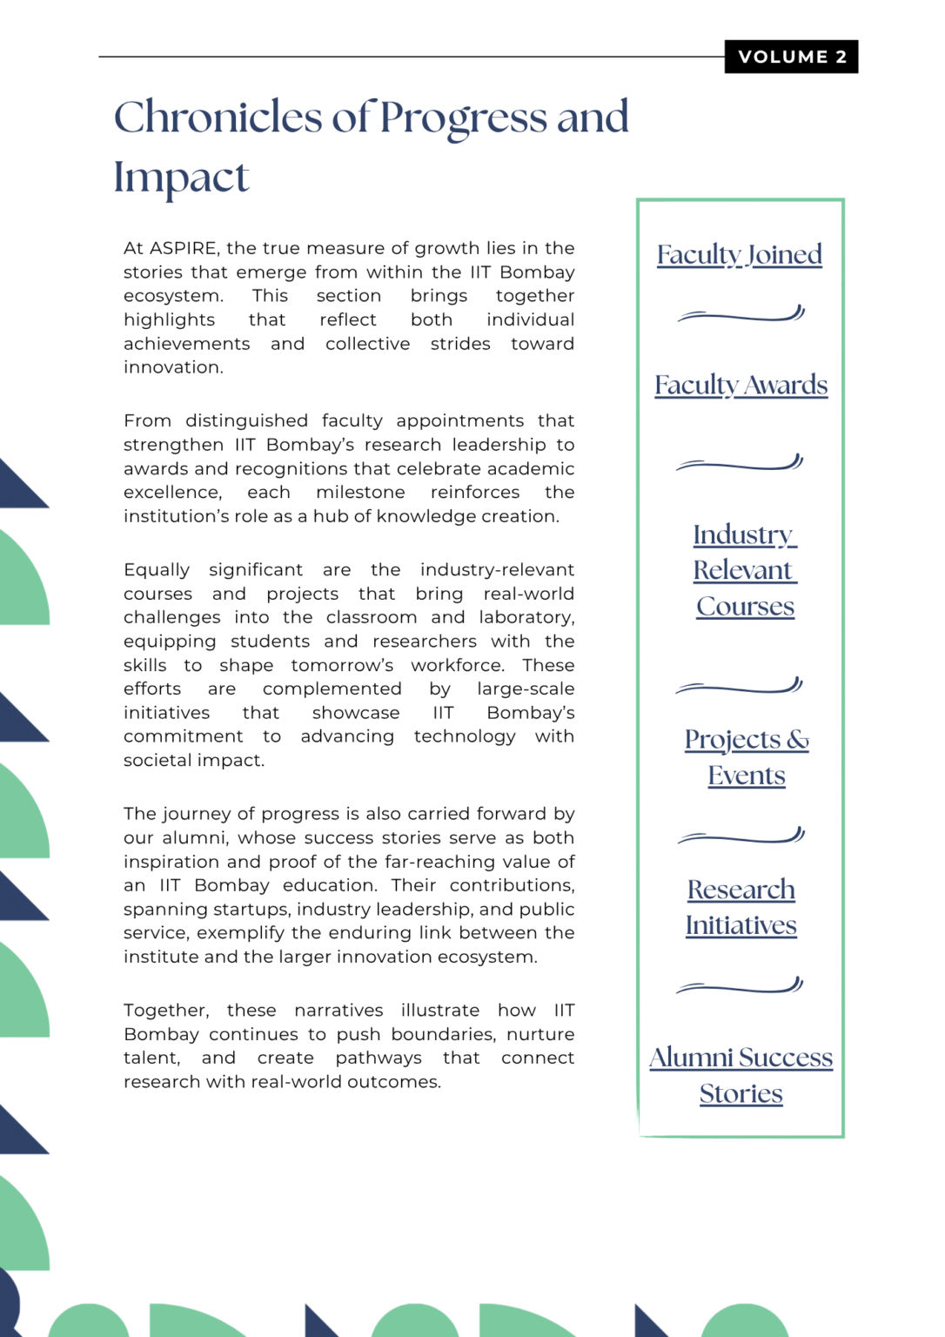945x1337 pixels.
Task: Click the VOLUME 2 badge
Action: (791, 57)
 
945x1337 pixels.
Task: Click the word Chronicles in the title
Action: (218, 118)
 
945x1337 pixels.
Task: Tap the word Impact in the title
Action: (181, 178)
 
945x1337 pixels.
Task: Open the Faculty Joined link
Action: (739, 254)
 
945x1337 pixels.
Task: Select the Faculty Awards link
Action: (741, 385)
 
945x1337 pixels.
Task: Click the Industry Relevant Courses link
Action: (745, 570)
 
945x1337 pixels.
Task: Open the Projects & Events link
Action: (747, 756)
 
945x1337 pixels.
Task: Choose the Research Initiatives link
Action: (741, 907)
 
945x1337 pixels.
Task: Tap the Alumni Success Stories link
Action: (741, 1075)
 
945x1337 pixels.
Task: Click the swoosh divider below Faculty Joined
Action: (741, 315)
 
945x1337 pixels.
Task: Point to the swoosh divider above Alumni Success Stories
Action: (739, 987)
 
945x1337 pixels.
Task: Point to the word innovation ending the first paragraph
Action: (172, 367)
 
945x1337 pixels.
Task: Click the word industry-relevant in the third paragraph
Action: (497, 570)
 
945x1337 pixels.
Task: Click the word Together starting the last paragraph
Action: (165, 1011)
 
